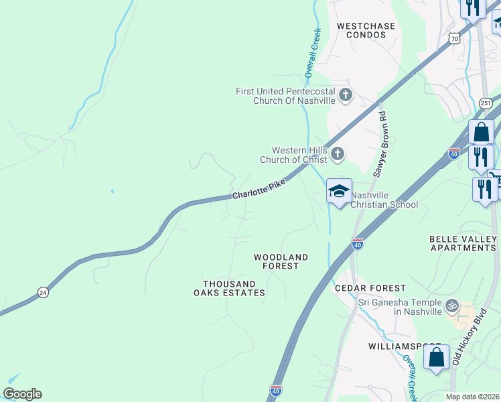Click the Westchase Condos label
(x=366, y=31)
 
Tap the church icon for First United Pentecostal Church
(x=346, y=94)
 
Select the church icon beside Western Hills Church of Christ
(x=338, y=155)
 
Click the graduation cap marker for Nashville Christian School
(x=339, y=191)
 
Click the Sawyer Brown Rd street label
(x=380, y=145)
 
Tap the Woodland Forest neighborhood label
(x=281, y=261)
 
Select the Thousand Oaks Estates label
(x=229, y=288)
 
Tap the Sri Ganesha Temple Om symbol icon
(x=452, y=306)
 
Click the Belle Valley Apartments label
(x=462, y=243)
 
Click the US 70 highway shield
(x=455, y=38)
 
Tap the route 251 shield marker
(x=486, y=103)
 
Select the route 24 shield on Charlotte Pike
(x=44, y=292)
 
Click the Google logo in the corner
(x=22, y=394)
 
